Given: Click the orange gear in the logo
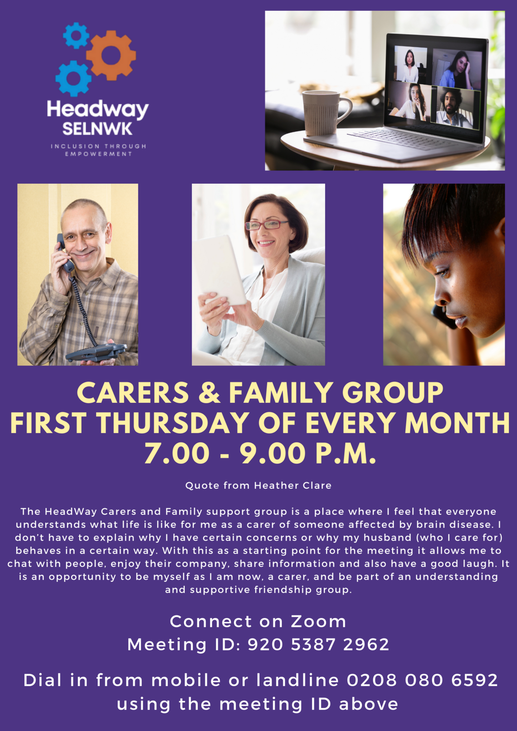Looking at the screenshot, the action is tap(111, 55).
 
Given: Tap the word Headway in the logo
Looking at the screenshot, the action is tap(98, 110).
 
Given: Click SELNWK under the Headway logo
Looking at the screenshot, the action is tap(97, 129).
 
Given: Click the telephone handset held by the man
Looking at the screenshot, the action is tap(65, 253).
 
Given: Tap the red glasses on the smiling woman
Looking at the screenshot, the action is tap(266, 225).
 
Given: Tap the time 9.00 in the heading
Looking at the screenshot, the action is tap(273, 453).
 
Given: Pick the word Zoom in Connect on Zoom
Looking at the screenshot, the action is tap(318, 621).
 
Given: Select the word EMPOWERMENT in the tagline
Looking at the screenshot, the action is tap(98, 154).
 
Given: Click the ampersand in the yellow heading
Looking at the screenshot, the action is tap(209, 393).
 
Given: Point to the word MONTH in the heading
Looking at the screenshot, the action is tap(457, 423).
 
